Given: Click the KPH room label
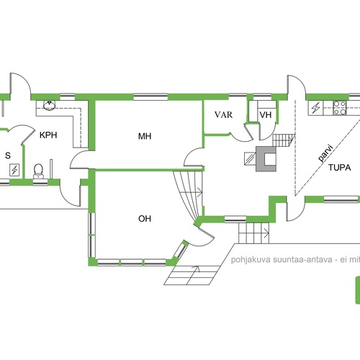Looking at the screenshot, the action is (48, 135).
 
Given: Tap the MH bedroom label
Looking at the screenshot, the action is (145, 136).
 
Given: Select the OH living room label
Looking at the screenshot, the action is (145, 219).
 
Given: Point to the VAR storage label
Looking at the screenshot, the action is (223, 114).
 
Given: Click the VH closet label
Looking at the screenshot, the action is (266, 115).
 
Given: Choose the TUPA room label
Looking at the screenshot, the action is (340, 168).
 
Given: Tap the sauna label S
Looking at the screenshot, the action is (8, 156).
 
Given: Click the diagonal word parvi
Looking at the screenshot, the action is (325, 153).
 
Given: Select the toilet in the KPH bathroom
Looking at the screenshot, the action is (38, 171).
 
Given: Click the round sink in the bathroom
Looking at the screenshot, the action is (50, 105).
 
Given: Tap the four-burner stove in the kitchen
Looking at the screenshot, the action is (340, 108).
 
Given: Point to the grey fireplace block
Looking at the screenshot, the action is (266, 159).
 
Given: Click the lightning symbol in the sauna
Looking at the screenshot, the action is (14, 170).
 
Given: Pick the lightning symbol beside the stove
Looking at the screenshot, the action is (315, 108).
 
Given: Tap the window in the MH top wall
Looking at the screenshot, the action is (150, 97).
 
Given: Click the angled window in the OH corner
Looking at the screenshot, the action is (181, 250).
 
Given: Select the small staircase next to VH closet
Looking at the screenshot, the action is (284, 140).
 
